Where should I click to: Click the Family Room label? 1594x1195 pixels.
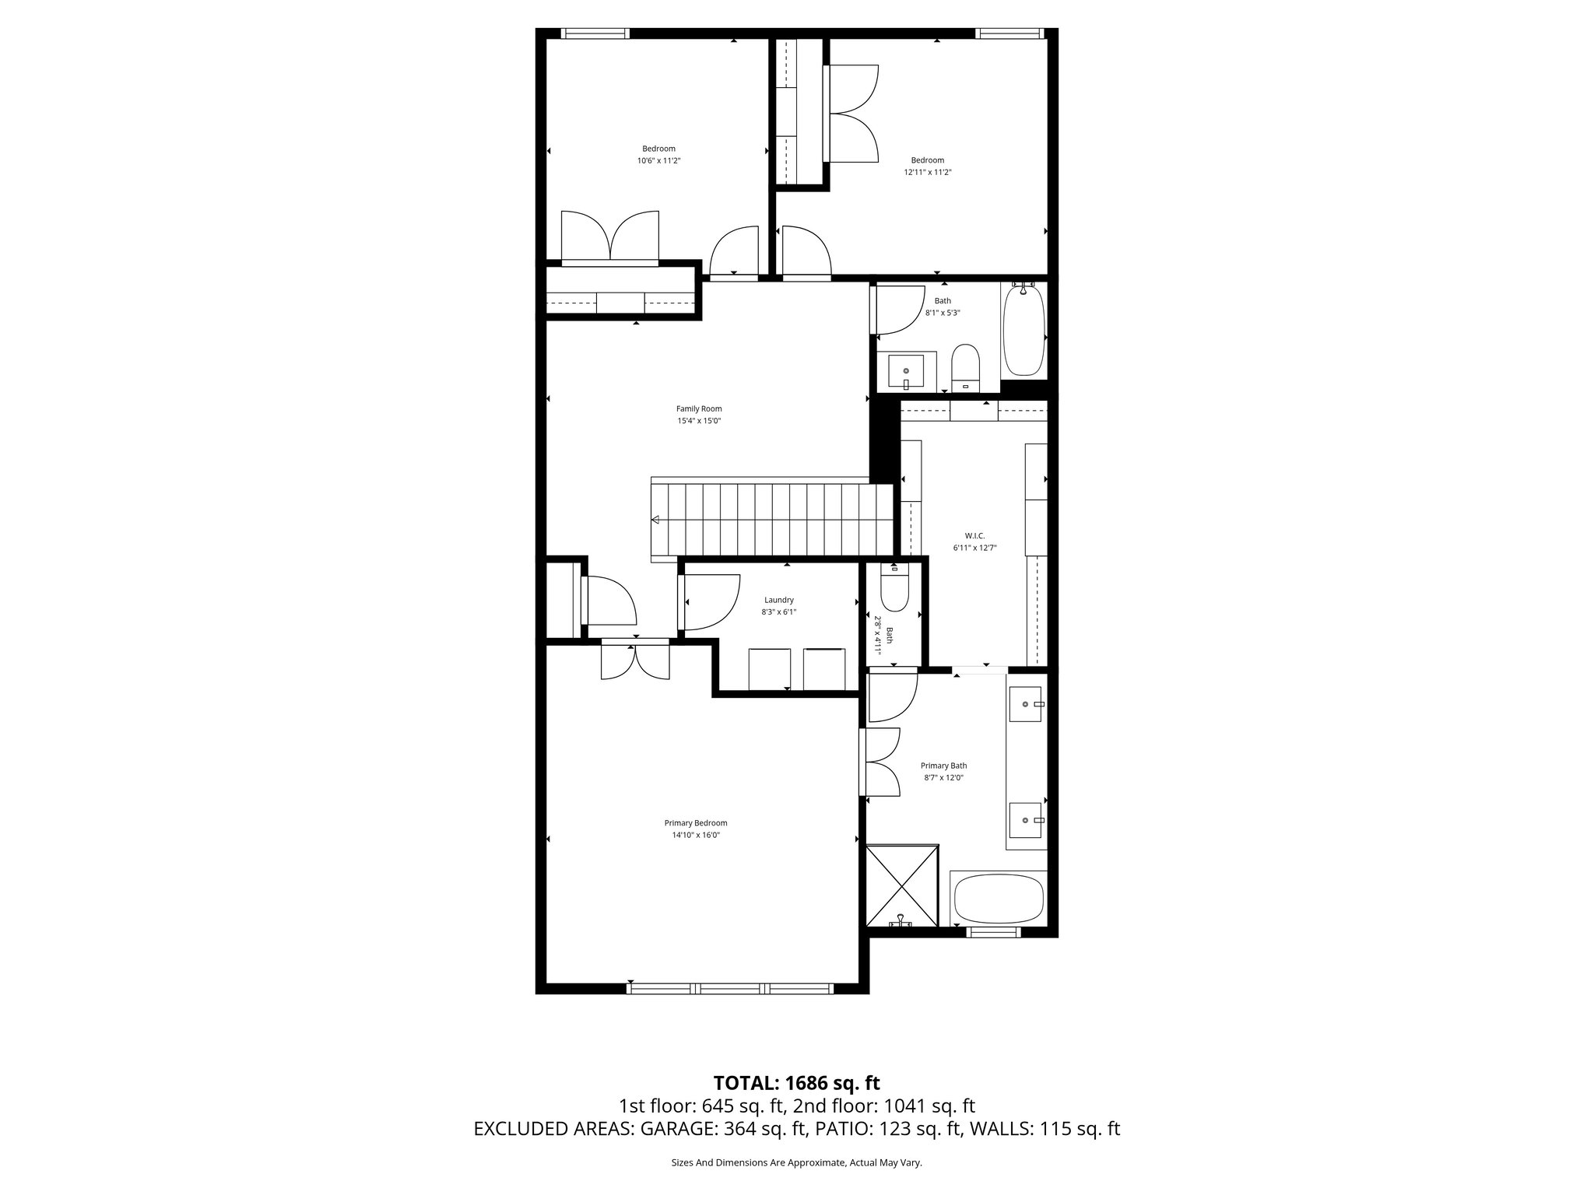[x=699, y=408]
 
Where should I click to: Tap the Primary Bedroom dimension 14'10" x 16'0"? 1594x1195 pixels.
[x=696, y=835]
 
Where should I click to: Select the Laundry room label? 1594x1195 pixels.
[x=778, y=600]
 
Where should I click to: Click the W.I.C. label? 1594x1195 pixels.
[x=974, y=535]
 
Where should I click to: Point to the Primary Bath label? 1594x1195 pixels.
[x=943, y=766]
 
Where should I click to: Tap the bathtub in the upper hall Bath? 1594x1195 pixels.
[x=1023, y=331]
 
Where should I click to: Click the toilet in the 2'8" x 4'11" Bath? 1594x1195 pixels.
[x=894, y=590]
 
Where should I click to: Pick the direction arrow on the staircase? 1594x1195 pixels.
[x=656, y=520]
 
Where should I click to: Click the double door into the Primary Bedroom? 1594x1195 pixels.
[x=636, y=659]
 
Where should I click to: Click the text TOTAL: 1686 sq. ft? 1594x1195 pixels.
[x=796, y=1083]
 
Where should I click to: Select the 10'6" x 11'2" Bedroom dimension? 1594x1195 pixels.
[x=658, y=160]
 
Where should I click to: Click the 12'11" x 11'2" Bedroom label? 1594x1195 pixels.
[x=928, y=160]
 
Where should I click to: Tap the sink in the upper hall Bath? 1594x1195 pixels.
[x=906, y=372]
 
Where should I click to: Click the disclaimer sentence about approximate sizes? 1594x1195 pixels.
[x=796, y=1162]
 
